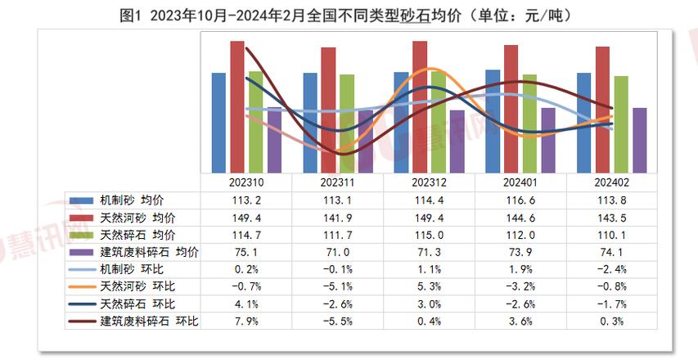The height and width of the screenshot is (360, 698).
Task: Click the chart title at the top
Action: (x=349, y=15)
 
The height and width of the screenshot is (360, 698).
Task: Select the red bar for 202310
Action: (x=237, y=106)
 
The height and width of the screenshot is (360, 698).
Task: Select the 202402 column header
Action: (x=613, y=184)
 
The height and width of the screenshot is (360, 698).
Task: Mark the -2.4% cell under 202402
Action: (x=613, y=269)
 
